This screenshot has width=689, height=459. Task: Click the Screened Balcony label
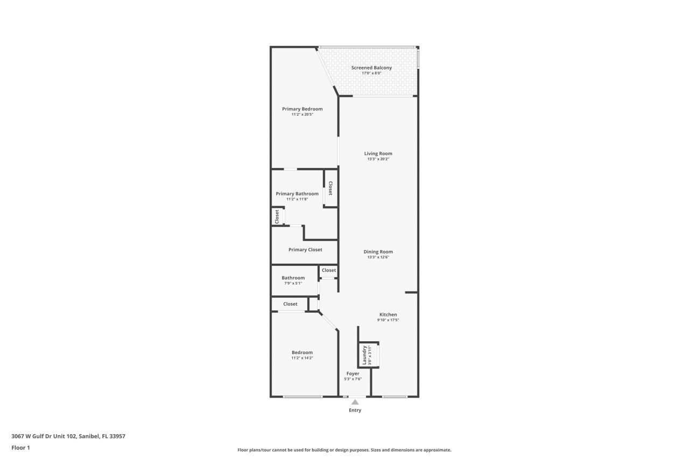[371, 68]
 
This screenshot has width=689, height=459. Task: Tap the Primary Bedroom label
[302, 109]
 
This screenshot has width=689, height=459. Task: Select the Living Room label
[378, 153]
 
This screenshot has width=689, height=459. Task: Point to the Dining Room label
[378, 252]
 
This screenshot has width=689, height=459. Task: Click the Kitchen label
[388, 315]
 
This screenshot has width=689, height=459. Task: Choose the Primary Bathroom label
[297, 194]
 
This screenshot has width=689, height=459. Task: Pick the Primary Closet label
[305, 250]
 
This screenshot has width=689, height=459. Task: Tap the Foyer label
[353, 373]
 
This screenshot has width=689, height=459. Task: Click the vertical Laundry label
[364, 355]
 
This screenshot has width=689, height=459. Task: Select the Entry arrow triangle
[355, 401]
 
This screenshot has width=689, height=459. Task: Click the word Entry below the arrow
[355, 410]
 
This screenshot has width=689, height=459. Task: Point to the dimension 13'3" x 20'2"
[378, 159]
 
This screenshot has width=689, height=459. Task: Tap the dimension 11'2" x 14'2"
[302, 358]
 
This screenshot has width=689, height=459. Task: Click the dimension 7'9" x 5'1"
[293, 283]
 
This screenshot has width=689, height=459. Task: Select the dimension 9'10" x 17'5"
[388, 320]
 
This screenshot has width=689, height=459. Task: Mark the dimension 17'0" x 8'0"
[371, 73]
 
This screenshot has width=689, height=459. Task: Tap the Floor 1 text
[20, 447]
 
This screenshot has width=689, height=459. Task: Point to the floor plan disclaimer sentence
[344, 450]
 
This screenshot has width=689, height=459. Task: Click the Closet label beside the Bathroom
[329, 270]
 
